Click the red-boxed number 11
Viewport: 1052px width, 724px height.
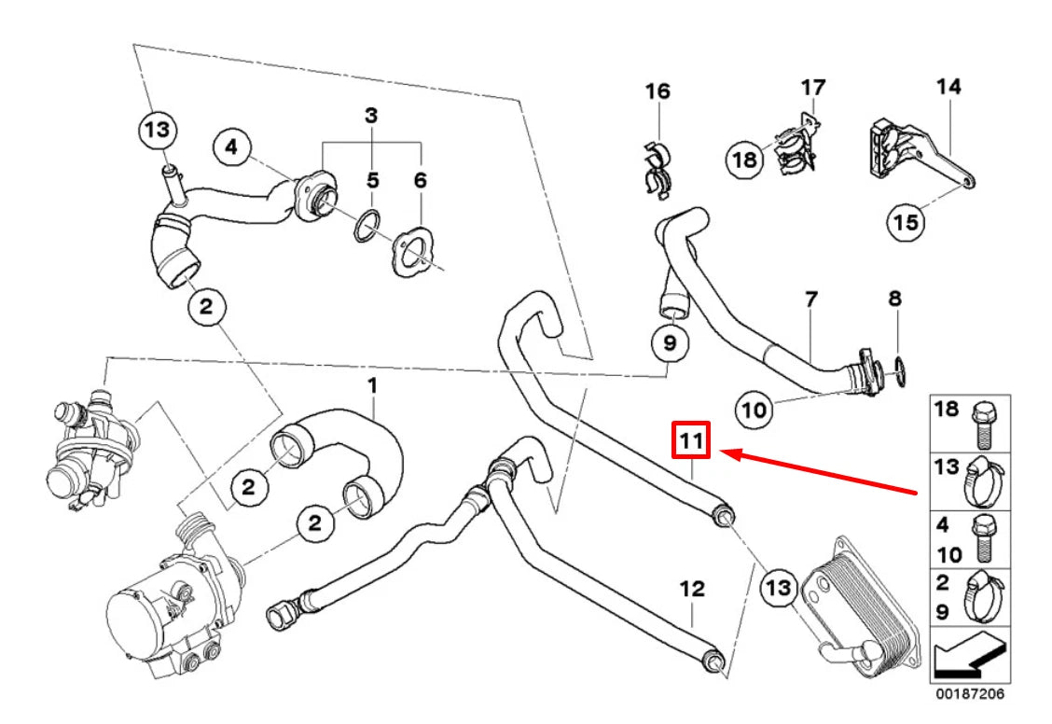(692, 440)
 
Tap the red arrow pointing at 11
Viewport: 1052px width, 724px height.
(821, 472)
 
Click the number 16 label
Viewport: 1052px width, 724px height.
(657, 91)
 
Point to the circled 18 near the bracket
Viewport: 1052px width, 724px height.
(744, 160)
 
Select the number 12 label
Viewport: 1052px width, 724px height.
(692, 589)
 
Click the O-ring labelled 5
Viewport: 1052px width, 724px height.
(369, 225)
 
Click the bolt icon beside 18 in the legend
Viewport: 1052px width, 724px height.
(984, 425)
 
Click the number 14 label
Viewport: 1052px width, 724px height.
(948, 88)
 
